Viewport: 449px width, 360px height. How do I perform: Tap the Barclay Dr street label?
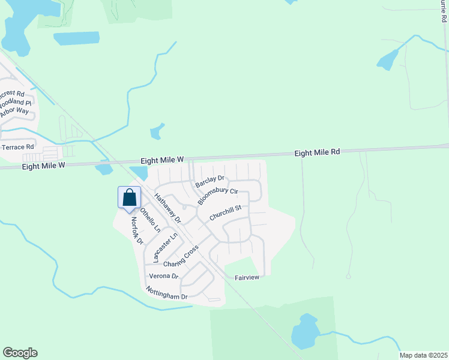point(209,178)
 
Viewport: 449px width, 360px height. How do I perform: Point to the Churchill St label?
point(225,212)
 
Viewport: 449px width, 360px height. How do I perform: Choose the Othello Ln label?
point(150,220)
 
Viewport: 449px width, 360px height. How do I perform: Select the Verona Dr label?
point(164,276)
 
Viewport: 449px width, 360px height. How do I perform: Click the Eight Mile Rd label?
point(317,152)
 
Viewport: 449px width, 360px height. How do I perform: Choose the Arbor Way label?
point(14,111)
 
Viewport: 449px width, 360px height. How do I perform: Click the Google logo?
point(20,353)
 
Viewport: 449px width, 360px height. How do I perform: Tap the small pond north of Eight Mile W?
point(157,131)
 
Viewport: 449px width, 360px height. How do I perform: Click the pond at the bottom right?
point(305,331)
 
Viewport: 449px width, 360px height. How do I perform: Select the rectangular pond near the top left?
point(76,38)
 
